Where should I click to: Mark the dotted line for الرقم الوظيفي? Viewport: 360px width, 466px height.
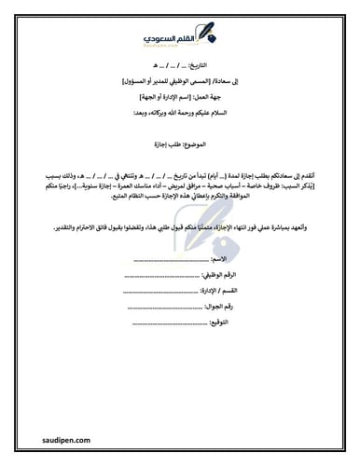(x=159, y=275)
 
